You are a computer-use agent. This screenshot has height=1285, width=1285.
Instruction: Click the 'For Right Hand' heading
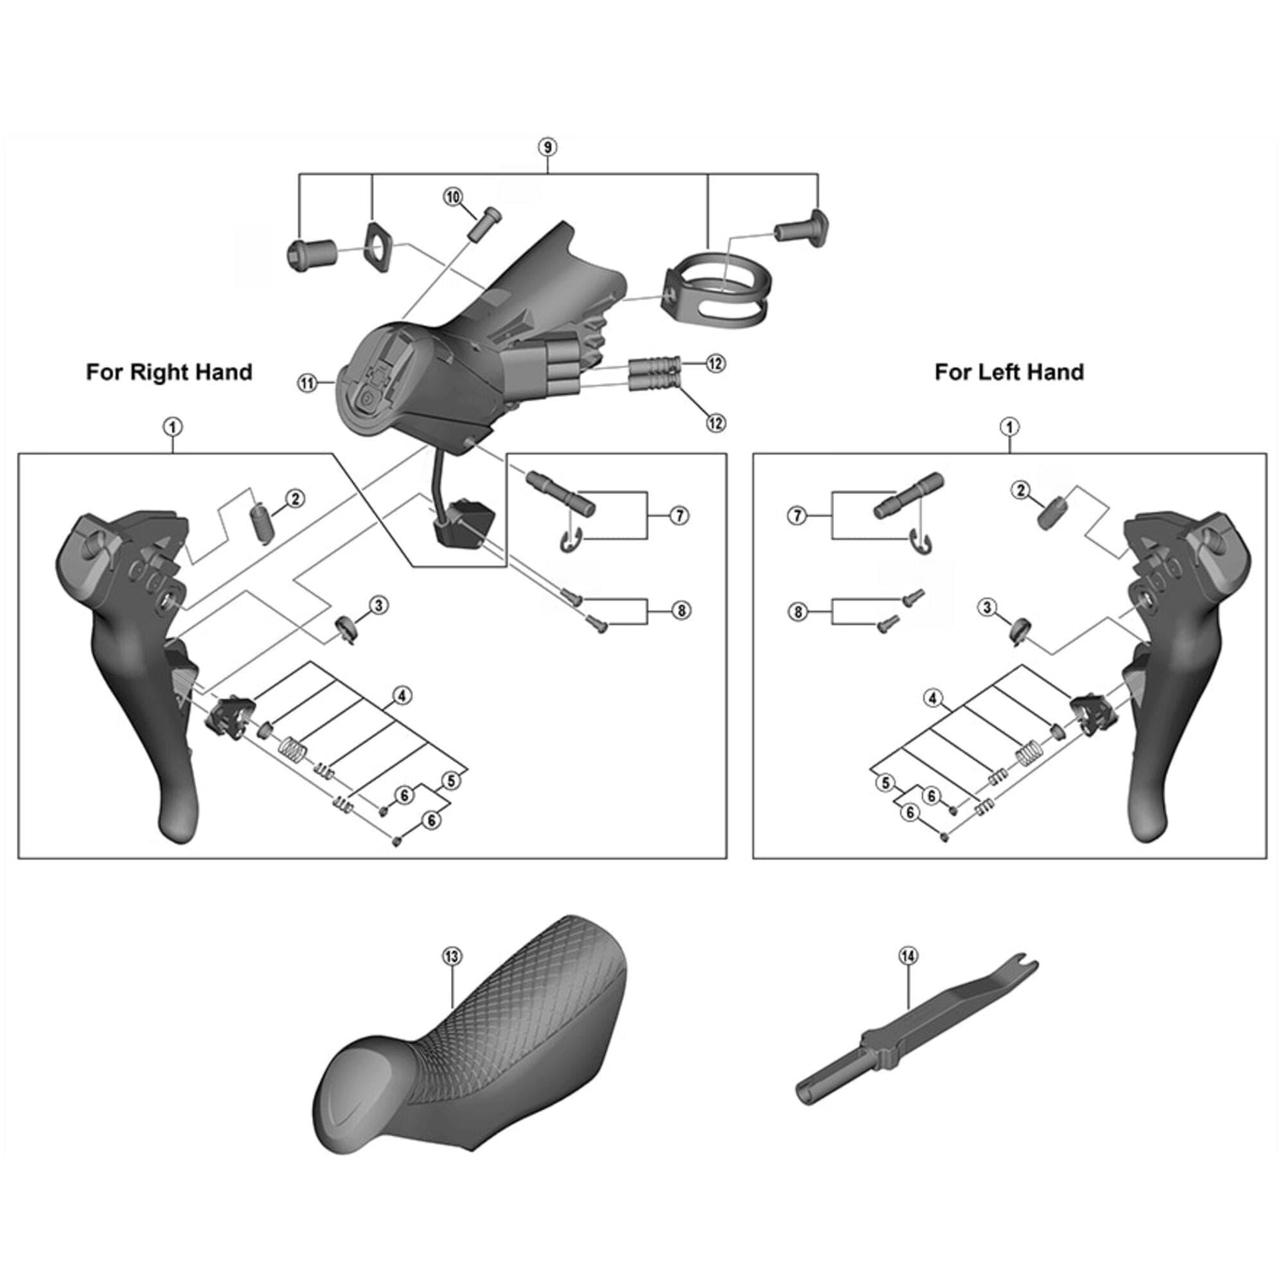[169, 372]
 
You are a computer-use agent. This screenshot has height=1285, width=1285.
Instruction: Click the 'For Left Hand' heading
[1008, 372]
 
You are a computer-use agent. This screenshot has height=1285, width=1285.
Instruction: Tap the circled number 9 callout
[547, 147]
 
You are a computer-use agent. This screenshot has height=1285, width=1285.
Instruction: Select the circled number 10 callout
[453, 197]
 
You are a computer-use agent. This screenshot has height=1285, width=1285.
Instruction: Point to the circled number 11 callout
[307, 383]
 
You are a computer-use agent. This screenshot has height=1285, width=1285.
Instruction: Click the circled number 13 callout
[452, 957]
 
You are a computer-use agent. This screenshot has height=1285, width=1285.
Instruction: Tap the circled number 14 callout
[908, 956]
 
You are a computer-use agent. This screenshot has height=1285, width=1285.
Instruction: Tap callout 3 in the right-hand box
[378, 605]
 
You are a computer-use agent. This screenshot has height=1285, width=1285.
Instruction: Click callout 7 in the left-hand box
[797, 515]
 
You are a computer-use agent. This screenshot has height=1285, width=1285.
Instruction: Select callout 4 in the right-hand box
[402, 696]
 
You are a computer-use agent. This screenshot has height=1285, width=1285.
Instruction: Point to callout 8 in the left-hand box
[797, 611]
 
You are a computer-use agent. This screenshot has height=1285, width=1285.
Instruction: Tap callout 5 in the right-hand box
[451, 781]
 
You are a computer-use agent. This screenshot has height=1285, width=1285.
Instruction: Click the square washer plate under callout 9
[378, 248]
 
